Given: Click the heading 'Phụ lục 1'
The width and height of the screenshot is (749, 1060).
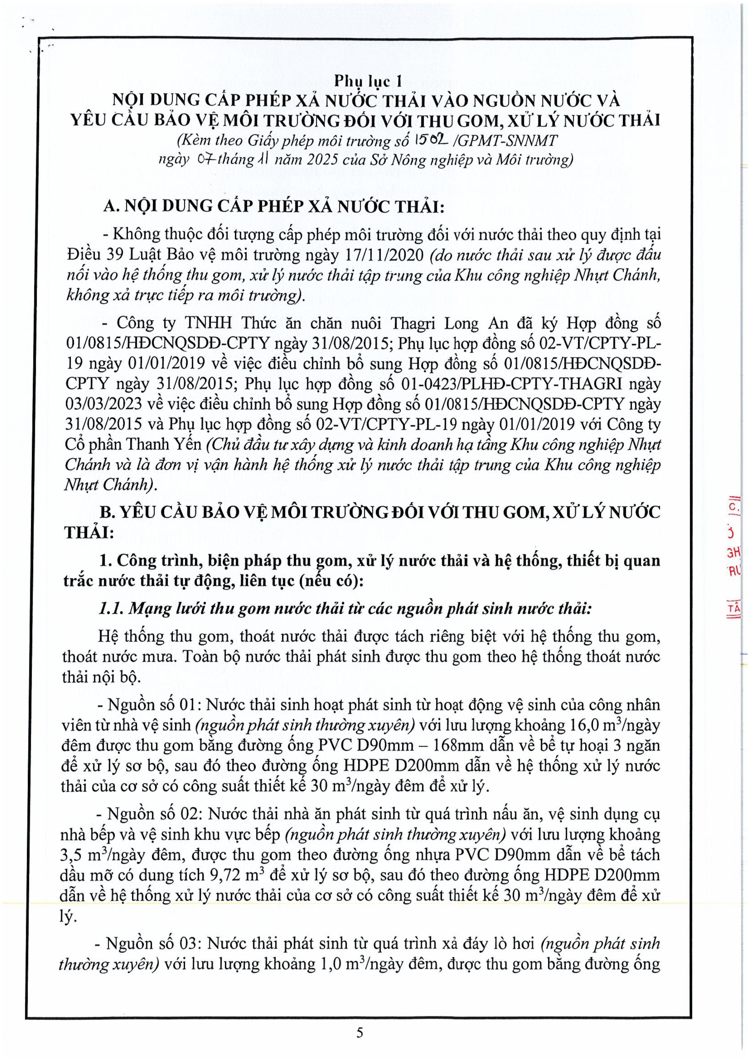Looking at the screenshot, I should click(368, 81).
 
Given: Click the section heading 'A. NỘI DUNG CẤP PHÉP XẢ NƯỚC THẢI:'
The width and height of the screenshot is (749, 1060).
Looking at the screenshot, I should click(273, 206).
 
